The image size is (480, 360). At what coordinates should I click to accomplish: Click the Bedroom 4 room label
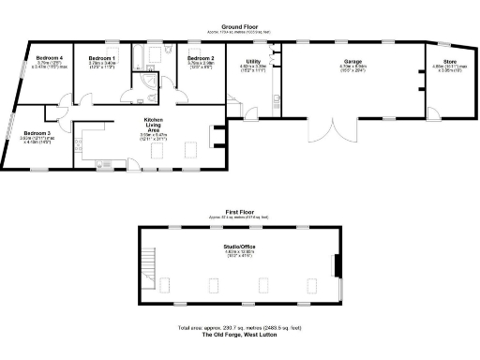click(x=49, y=58)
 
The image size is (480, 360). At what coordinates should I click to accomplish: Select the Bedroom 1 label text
click(x=102, y=58)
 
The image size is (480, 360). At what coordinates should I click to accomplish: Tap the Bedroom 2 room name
click(x=201, y=58)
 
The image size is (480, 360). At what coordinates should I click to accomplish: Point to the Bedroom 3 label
click(x=37, y=132)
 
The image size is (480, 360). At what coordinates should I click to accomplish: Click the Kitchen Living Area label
click(x=154, y=126)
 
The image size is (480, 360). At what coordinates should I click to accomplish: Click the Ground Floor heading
click(x=240, y=27)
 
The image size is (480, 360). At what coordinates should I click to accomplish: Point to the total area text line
click(x=240, y=328)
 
